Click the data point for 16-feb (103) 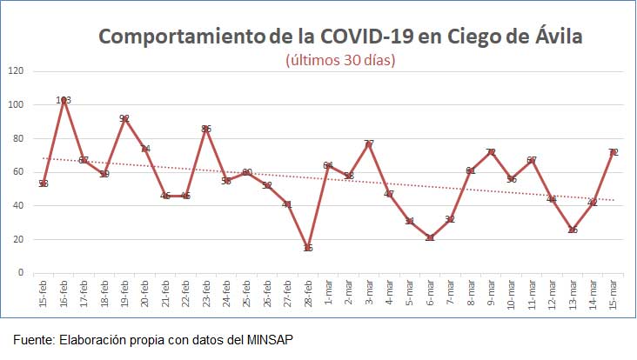pos(64,100)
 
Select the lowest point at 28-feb pos(308,248)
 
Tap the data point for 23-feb pos(206,129)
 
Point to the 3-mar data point pos(369,143)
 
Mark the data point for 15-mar pos(614,152)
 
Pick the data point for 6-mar pos(430,237)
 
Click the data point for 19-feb pos(124,118)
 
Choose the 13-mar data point pos(573,230)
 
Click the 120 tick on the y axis pos(15,71)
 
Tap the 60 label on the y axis pos(17,172)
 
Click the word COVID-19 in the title pos(369,37)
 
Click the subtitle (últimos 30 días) pos(340,60)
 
